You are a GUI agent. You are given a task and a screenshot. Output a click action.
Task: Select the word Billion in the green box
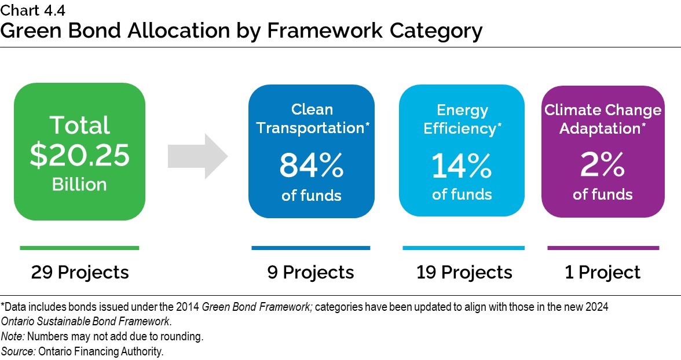tap(79, 185)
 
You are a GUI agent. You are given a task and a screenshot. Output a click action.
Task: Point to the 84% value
tap(312, 166)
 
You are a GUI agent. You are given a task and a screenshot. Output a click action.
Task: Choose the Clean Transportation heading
tap(312, 119)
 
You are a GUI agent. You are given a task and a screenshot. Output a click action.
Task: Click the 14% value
tap(462, 166)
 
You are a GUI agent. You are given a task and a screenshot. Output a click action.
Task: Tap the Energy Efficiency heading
tap(462, 119)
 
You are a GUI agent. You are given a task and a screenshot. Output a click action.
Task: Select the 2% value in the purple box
tap(602, 166)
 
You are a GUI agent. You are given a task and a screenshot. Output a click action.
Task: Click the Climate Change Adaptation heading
tap(602, 119)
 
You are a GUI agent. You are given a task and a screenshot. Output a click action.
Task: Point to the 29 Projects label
tap(80, 272)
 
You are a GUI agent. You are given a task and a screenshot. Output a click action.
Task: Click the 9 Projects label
tap(310, 272)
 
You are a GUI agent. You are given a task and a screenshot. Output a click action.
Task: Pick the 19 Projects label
tap(464, 272)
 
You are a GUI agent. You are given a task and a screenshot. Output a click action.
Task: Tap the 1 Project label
tap(602, 272)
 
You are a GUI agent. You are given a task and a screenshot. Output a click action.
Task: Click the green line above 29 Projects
tap(79, 248)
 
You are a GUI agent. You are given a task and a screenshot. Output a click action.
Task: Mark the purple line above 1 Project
tap(603, 248)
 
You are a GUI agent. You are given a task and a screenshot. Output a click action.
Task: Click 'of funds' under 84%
tap(312, 196)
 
